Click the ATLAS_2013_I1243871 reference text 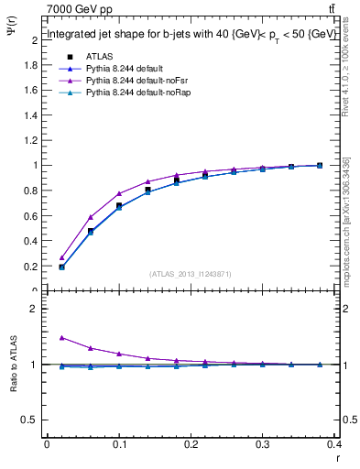click(190, 274)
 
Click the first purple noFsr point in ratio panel click(61, 337)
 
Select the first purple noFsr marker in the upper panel click(61, 257)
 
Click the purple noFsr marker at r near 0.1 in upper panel click(119, 193)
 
